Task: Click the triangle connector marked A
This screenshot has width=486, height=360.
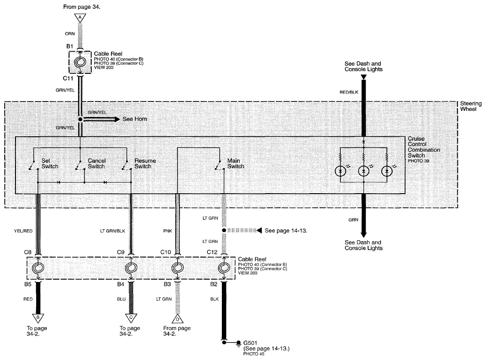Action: [80, 18]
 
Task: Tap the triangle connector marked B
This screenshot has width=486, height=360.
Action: [38, 318]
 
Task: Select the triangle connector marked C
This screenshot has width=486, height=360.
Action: [131, 318]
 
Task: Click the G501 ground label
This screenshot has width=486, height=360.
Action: [250, 343]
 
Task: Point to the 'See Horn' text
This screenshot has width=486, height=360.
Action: [135, 119]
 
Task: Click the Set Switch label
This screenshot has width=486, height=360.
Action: [50, 164]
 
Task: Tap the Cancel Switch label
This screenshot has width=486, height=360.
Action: [96, 164]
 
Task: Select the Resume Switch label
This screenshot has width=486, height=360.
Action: [145, 164]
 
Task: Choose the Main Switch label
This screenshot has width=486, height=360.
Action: [235, 164]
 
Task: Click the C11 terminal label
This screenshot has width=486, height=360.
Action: [68, 78]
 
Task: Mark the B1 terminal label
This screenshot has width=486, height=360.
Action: [70, 47]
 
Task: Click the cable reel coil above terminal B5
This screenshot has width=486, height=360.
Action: [38, 268]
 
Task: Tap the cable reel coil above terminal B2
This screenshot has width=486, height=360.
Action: [224, 268]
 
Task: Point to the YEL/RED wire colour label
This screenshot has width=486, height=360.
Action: [23, 231]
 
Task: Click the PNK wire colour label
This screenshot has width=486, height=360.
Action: [167, 231]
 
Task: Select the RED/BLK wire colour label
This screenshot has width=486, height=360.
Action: [349, 92]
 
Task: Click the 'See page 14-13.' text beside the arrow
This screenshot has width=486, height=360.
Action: [286, 230]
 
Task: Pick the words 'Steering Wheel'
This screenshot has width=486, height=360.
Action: [471, 106]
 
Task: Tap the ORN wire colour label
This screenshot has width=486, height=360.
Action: [70, 34]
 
